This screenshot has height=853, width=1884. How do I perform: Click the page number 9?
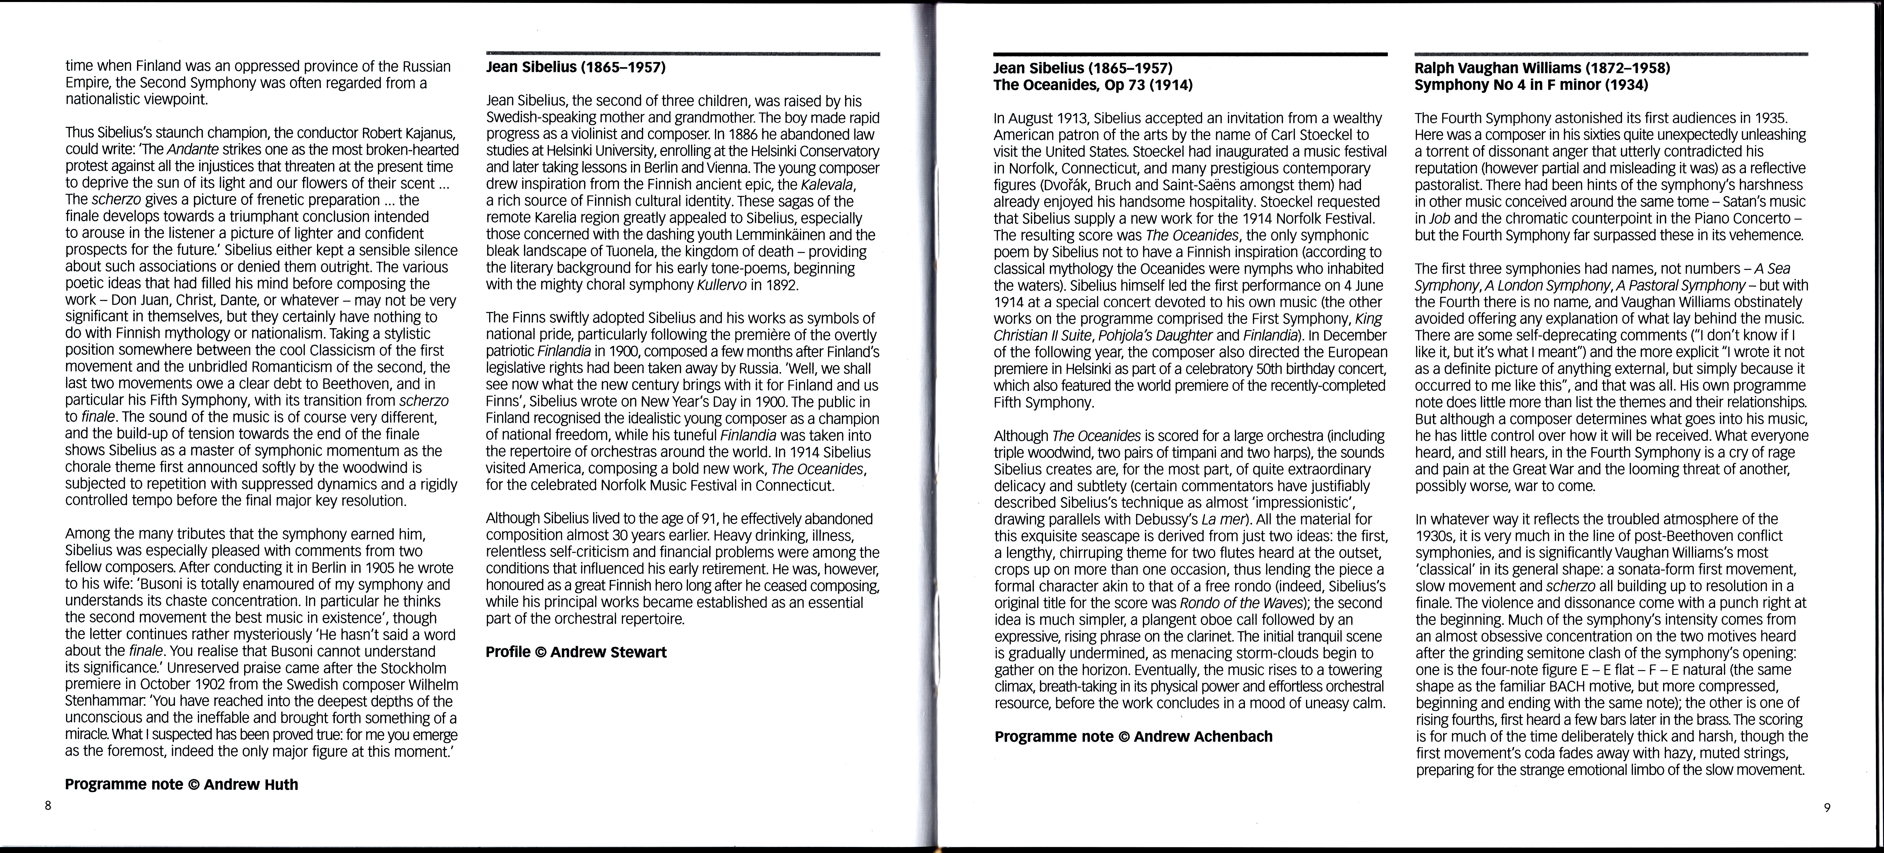pyautogui.click(x=1826, y=808)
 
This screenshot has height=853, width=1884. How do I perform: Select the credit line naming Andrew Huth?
pyautogui.click(x=181, y=784)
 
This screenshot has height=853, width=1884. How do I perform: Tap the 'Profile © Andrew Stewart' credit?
pyautogui.click(x=576, y=652)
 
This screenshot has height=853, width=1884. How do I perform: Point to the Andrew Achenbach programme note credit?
pyautogui.click(x=1133, y=737)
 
